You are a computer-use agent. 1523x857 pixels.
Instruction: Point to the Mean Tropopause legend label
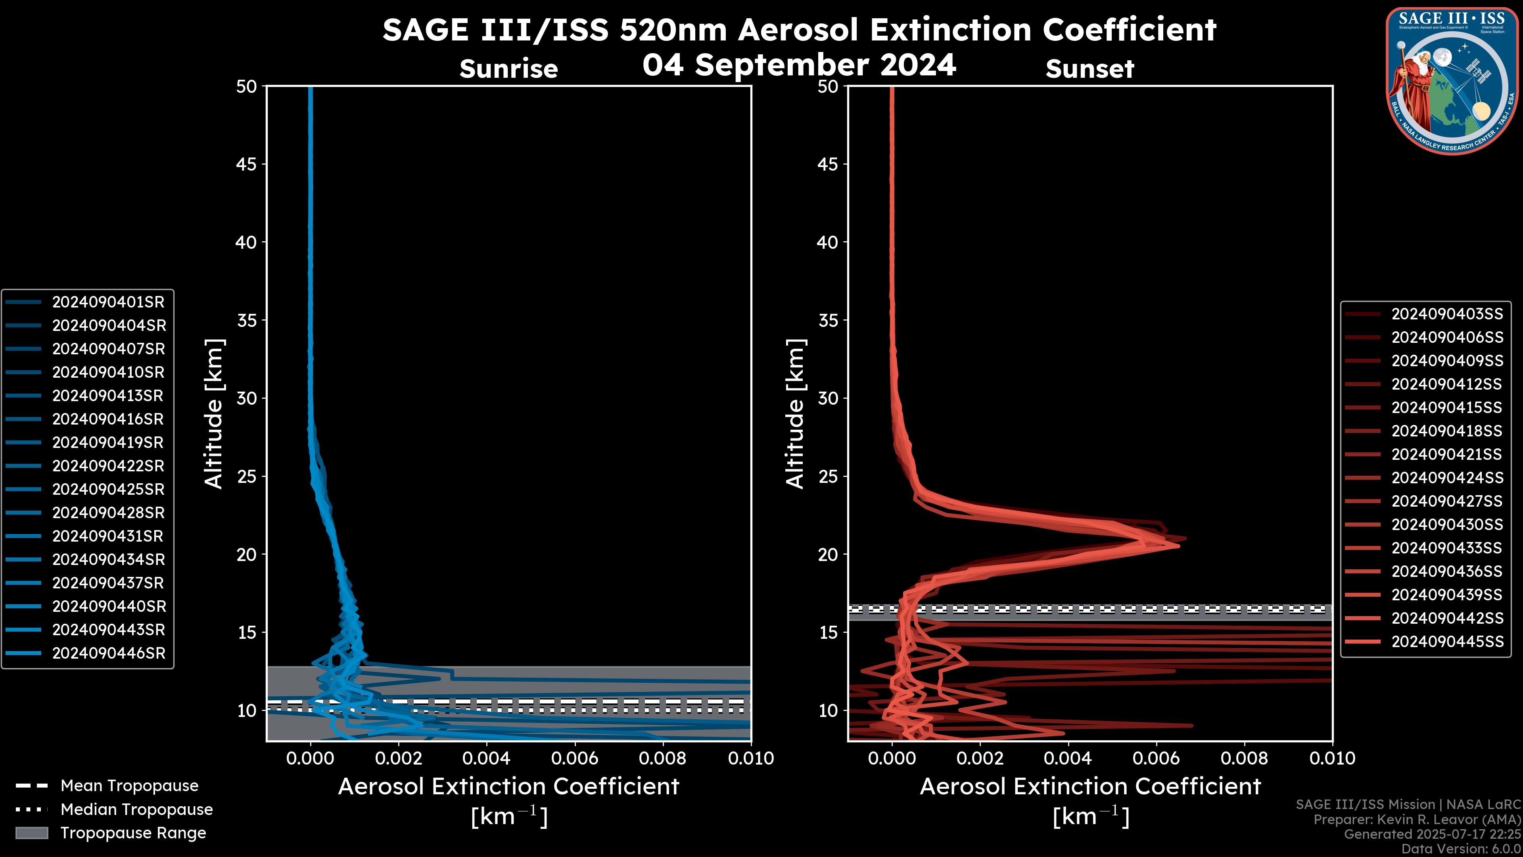(x=129, y=786)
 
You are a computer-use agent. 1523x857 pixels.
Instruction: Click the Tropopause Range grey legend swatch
(x=31, y=833)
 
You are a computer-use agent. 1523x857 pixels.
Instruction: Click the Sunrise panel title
(x=508, y=69)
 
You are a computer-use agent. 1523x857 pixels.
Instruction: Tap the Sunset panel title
(x=1090, y=69)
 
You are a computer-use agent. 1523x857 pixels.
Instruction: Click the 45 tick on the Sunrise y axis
(x=247, y=164)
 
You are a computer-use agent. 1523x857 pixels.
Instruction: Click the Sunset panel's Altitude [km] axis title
(x=795, y=414)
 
